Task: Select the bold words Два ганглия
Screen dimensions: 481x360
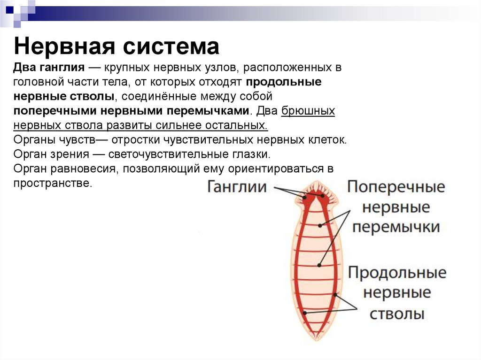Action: [48, 68]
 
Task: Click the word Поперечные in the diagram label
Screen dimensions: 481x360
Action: [396, 187]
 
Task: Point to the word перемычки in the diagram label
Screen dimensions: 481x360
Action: [396, 227]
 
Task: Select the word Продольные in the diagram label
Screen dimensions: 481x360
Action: [397, 273]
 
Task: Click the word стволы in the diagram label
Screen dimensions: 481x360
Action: [397, 313]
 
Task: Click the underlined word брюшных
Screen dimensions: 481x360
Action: [308, 111]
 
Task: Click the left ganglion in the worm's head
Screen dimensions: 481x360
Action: [305, 197]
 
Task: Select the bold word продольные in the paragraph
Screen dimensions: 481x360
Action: [284, 82]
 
